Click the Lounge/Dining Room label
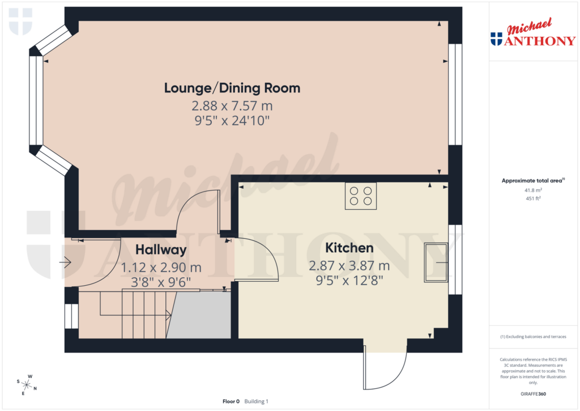(232, 88)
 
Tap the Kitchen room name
(349, 248)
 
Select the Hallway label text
(160, 250)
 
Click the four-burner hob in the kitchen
(361, 196)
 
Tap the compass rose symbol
(27, 384)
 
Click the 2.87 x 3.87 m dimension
(349, 265)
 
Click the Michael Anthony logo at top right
(532, 35)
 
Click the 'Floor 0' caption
(231, 401)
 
